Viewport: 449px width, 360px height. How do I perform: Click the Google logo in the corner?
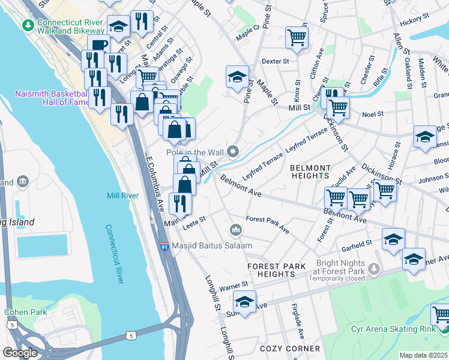20,353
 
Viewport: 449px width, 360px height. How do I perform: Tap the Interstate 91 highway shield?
164,246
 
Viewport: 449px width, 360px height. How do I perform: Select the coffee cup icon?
98,45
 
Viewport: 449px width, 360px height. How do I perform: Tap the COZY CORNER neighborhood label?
290,349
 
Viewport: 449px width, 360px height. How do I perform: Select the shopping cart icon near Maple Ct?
297,37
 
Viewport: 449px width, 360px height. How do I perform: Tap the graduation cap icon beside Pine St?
237,76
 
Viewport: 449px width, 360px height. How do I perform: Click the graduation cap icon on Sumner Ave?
244,302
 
